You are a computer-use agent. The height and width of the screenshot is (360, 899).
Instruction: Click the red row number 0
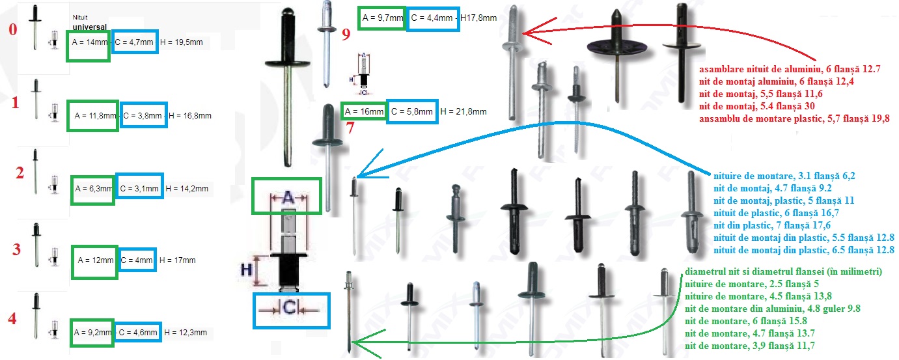(8, 31)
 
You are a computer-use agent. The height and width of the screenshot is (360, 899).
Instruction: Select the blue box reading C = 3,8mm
(143, 115)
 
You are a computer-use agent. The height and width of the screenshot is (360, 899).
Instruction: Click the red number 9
(346, 34)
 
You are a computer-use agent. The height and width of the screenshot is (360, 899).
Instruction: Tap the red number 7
(350, 127)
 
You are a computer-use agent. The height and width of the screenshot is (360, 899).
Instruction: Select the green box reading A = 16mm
(364, 111)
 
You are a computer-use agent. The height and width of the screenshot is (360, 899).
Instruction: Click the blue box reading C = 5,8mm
(412, 111)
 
